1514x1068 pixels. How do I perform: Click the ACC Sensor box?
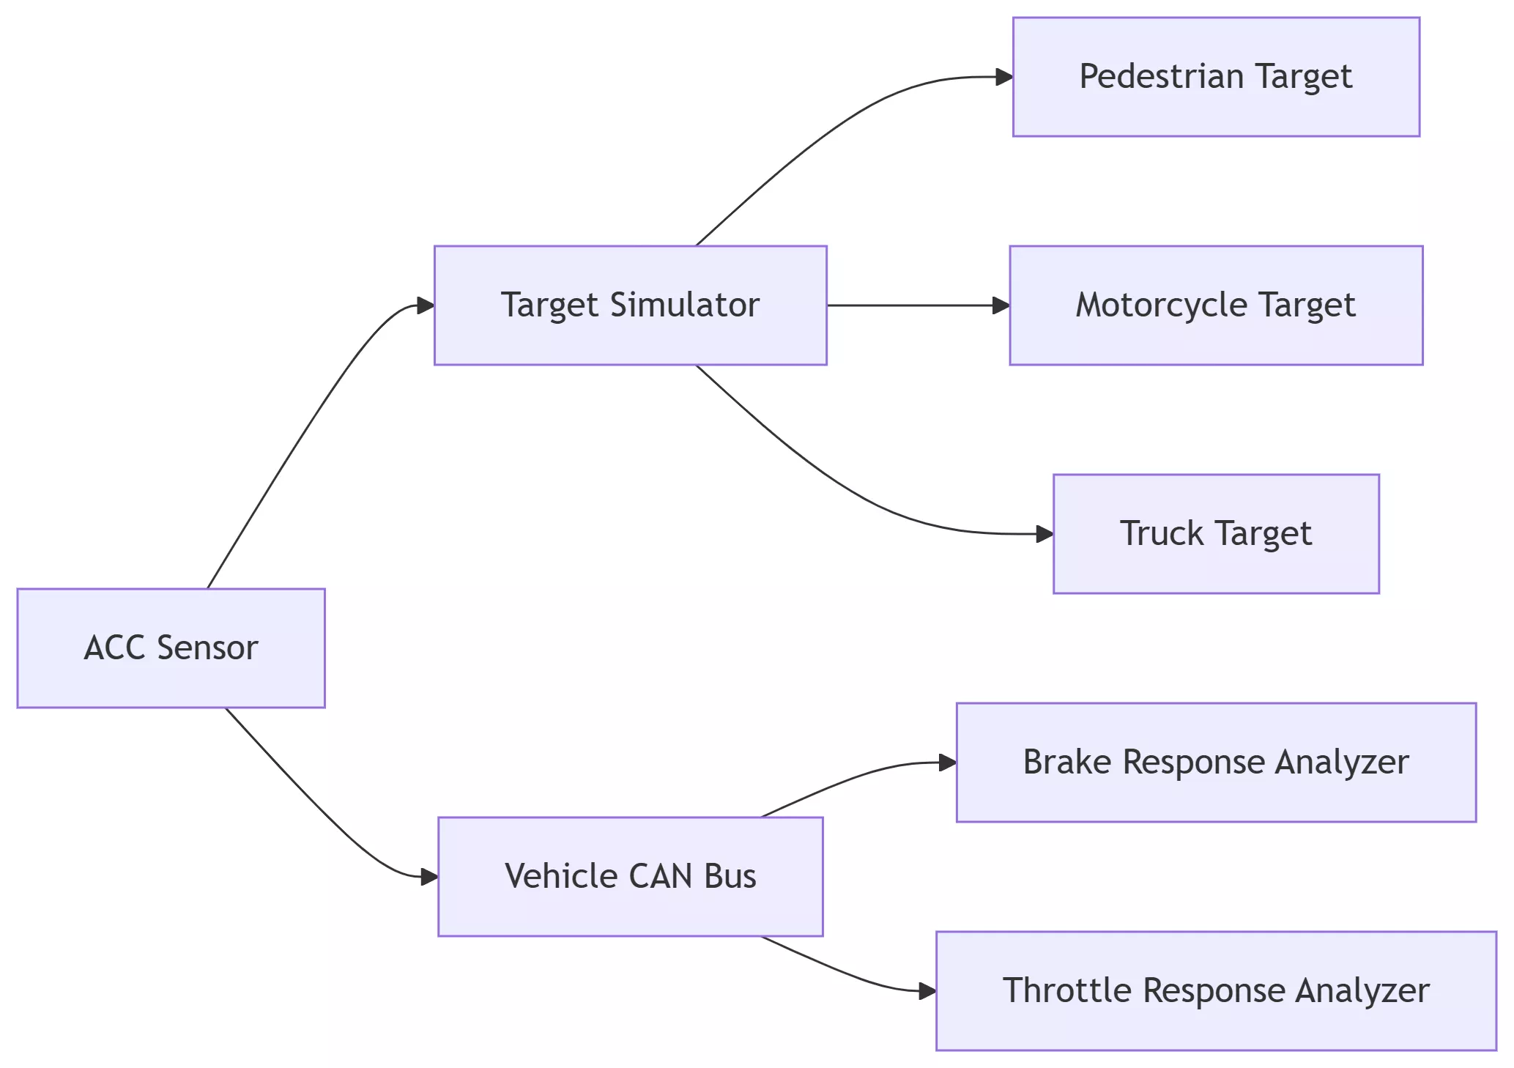[171, 648]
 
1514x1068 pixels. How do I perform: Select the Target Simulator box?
[630, 305]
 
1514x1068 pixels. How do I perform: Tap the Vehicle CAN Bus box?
[630, 877]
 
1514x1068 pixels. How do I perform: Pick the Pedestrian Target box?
[1216, 77]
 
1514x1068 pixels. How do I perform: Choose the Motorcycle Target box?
[1216, 305]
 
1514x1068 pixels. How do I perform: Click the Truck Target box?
[1216, 534]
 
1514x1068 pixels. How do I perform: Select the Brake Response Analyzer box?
[1216, 763]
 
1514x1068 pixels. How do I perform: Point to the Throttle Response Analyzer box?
[1216, 991]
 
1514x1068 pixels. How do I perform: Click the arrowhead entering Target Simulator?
[426, 305]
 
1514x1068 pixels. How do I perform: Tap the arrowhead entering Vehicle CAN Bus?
[429, 877]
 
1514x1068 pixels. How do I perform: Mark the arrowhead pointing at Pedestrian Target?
[1004, 77]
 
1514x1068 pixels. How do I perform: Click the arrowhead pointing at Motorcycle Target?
[1001, 305]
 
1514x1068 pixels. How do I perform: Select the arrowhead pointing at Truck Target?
[1044, 534]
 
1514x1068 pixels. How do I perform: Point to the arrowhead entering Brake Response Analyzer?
[948, 763]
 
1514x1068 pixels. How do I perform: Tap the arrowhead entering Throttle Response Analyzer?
[927, 991]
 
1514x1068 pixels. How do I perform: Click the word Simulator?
[684, 305]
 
